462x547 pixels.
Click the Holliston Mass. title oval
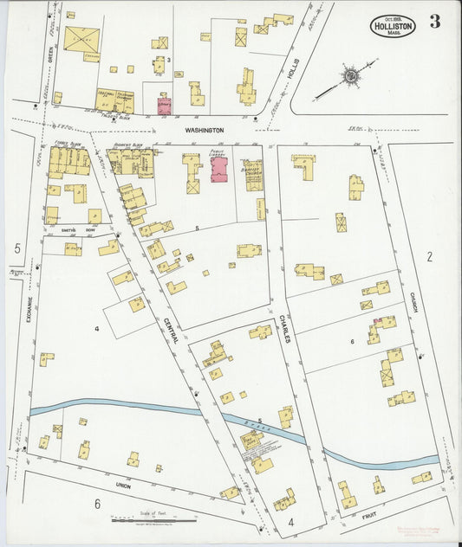click(393, 25)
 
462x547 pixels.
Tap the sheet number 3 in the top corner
click(434, 23)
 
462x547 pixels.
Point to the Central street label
click(170, 329)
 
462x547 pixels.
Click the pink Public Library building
click(217, 168)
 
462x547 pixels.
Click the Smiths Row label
click(71, 230)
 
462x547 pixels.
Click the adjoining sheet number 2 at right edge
click(429, 256)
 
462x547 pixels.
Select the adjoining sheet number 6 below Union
click(97, 504)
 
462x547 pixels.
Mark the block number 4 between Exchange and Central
click(97, 329)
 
